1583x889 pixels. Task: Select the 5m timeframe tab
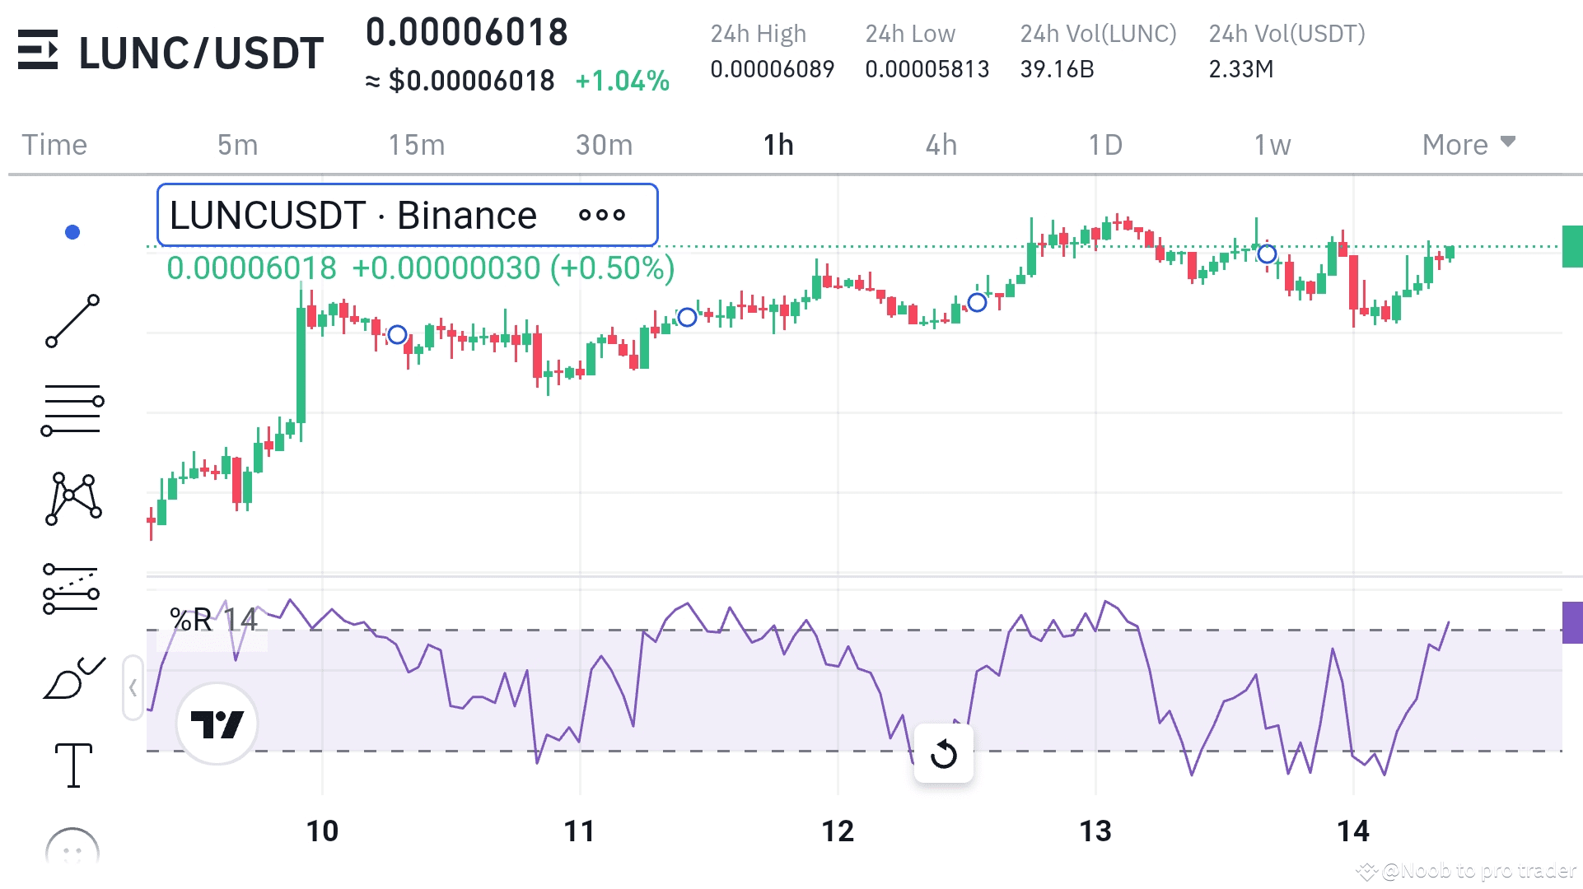click(237, 145)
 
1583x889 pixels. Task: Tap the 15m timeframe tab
click(417, 145)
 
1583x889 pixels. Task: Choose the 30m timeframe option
click(604, 145)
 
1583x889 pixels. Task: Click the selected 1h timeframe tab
click(778, 145)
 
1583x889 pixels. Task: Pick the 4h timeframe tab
click(941, 145)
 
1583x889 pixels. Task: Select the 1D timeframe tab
click(1105, 145)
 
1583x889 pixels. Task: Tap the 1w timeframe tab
click(1272, 145)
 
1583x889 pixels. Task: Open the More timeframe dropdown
click(1469, 144)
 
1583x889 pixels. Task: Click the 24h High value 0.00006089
click(773, 69)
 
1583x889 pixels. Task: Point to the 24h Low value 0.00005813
click(927, 69)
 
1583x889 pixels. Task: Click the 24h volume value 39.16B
click(1057, 69)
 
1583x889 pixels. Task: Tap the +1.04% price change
click(622, 81)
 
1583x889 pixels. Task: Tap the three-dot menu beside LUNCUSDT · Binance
click(602, 216)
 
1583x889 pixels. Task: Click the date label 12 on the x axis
click(838, 831)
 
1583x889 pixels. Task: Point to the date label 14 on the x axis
click(1353, 831)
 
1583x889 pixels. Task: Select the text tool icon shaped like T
click(73, 765)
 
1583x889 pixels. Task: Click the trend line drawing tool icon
click(72, 321)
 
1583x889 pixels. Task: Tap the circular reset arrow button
click(944, 753)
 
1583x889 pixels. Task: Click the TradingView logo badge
click(217, 724)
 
